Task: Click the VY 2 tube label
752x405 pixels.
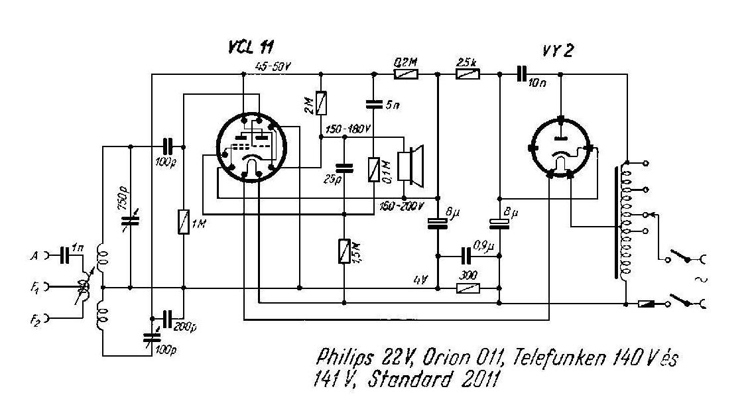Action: coord(557,52)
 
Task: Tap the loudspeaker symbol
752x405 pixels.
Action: coord(412,166)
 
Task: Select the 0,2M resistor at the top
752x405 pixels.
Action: coord(405,75)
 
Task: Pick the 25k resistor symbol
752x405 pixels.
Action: coord(468,75)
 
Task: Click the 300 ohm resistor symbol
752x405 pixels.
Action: coord(468,288)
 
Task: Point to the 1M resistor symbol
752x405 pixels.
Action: coord(184,221)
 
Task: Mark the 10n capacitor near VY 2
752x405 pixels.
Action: coord(523,75)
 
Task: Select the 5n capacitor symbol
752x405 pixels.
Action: coord(373,104)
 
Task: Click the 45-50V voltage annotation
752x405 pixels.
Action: coord(273,67)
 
